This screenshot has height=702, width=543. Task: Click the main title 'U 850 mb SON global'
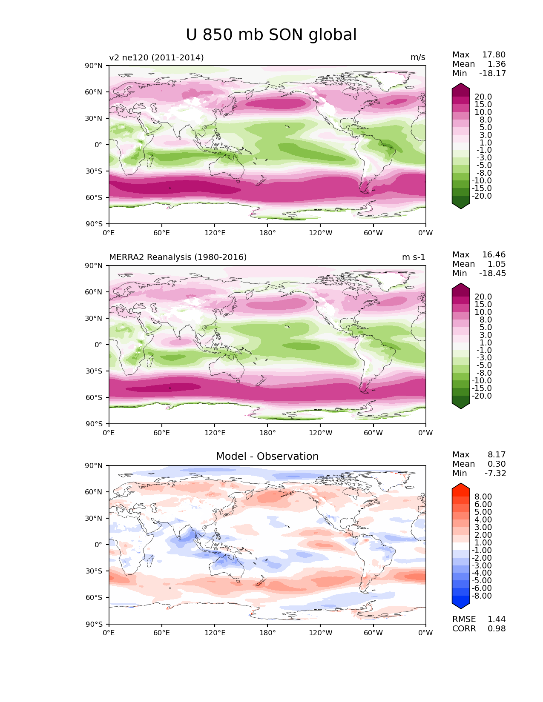[271, 34]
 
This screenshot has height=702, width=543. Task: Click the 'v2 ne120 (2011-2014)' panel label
[156, 57]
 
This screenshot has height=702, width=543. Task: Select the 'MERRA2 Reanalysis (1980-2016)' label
[178, 257]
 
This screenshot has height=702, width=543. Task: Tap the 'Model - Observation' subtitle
[267, 456]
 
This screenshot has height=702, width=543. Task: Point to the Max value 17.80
[494, 54]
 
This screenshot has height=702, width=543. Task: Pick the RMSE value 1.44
[497, 619]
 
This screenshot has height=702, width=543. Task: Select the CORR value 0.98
[497, 629]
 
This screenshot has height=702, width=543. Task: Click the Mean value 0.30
[497, 464]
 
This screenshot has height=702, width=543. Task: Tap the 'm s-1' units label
[414, 257]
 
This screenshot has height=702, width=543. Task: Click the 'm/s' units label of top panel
[418, 57]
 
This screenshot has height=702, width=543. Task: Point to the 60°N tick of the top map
[93, 92]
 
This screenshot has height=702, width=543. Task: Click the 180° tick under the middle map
[267, 433]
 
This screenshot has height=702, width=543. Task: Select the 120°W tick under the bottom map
[320, 633]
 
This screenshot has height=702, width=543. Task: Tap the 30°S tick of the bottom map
[94, 571]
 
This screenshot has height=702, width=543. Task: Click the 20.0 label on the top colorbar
[483, 97]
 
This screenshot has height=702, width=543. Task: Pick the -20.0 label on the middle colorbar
[482, 396]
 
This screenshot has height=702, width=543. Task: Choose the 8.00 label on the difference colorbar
[483, 497]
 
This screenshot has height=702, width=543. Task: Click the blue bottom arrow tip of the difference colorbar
[460, 609]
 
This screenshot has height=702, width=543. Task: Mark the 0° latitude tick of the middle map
[98, 345]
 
